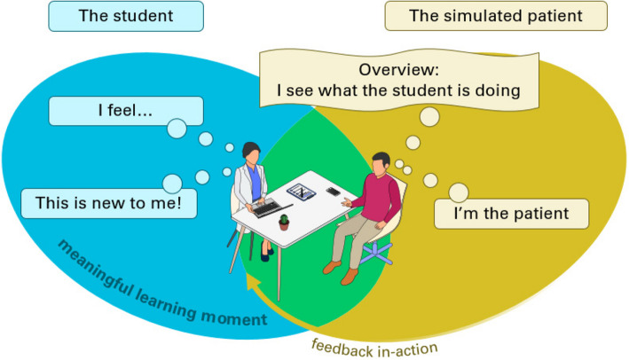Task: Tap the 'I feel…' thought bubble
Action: (125, 112)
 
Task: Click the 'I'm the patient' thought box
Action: (512, 214)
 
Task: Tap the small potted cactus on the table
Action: (284, 222)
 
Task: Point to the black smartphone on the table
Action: (334, 191)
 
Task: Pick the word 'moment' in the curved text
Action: (240, 317)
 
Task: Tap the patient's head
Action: (381, 163)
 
